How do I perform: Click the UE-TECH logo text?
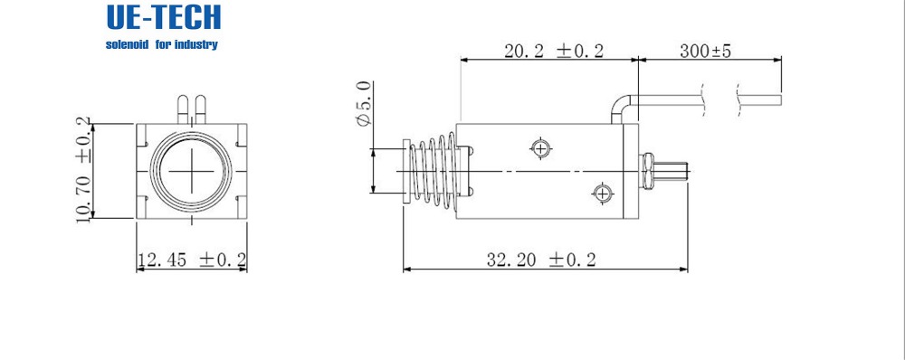[163, 17]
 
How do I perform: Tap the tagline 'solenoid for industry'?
[162, 44]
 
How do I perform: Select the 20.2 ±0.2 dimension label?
[554, 51]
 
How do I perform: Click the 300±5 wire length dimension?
[705, 51]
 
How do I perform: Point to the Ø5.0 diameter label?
[364, 104]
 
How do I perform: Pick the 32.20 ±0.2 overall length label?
[541, 260]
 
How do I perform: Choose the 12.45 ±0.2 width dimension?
[192, 260]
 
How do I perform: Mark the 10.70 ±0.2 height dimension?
[83, 170]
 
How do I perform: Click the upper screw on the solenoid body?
[540, 149]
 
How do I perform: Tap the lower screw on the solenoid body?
[602, 192]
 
